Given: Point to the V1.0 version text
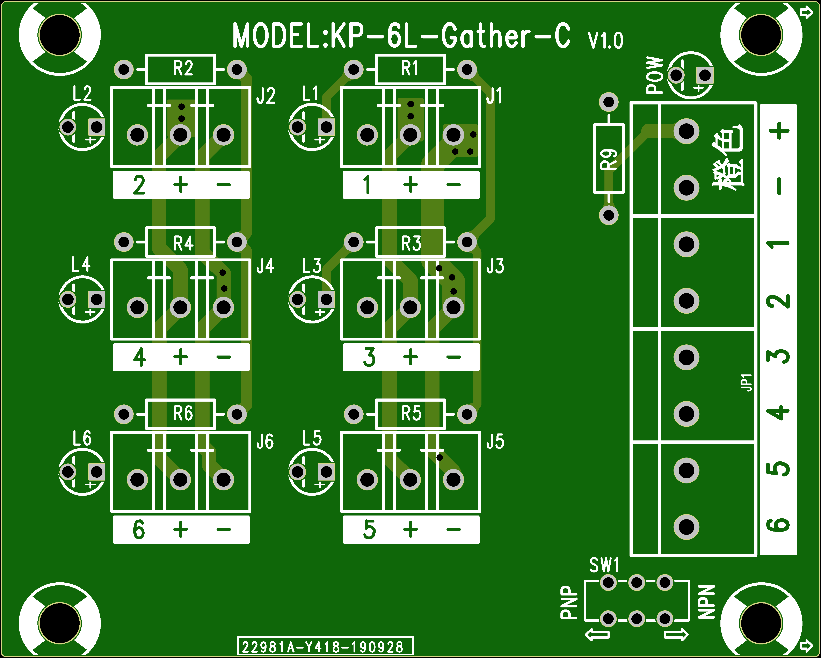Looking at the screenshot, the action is [x=605, y=40].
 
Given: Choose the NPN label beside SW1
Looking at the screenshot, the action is [x=706, y=602].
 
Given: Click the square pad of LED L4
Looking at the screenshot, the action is [x=97, y=299].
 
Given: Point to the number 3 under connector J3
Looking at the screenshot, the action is [x=369, y=357].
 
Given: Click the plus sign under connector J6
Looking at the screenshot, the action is [x=181, y=529].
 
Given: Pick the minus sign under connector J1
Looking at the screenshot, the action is [x=453, y=185].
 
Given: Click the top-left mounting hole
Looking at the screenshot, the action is [x=60, y=35].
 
